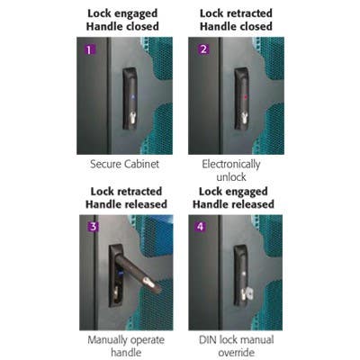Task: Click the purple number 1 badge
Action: [89, 49]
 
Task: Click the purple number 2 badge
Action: [203, 49]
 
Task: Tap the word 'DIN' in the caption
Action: [209, 340]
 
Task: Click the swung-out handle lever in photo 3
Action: [143, 274]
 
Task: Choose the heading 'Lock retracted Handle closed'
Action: [237, 21]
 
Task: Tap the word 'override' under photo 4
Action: [237, 354]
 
